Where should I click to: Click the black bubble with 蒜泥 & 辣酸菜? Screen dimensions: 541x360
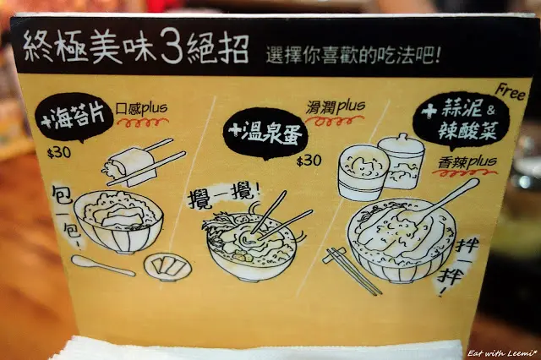tap(461, 120)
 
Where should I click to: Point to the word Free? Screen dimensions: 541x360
tap(511, 92)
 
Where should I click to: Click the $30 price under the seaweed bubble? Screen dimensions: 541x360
tap(59, 152)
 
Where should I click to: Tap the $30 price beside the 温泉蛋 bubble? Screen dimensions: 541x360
tap(309, 161)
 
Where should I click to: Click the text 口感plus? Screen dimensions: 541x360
tap(141, 108)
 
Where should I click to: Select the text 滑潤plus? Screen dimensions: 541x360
tap(335, 107)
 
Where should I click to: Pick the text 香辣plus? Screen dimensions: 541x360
tap(467, 162)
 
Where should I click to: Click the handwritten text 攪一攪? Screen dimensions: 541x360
tap(223, 196)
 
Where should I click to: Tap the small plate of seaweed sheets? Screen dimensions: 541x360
tap(167, 266)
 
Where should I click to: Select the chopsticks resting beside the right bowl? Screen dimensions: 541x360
tap(352, 270)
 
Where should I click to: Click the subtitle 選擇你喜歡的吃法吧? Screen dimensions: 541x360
tap(352, 55)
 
